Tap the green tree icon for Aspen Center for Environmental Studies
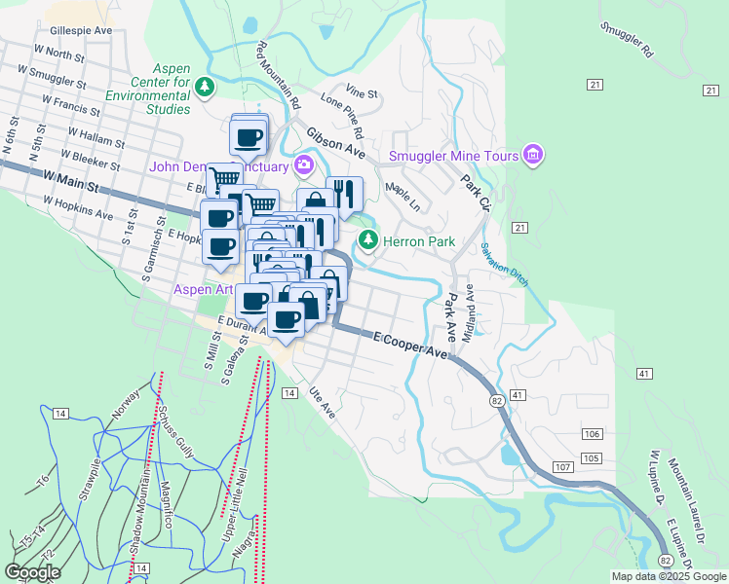(x=205, y=89)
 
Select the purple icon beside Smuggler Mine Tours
(x=532, y=155)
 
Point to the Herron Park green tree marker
(x=367, y=240)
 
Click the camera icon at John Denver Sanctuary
(x=304, y=164)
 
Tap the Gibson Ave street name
(x=335, y=142)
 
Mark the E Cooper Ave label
(x=410, y=347)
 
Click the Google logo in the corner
(x=33, y=571)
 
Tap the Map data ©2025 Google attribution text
(x=669, y=576)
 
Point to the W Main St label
(x=72, y=180)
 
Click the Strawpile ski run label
(x=90, y=479)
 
